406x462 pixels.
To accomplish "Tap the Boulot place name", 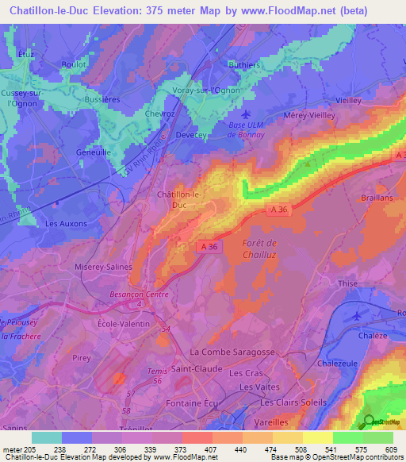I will [75, 67].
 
